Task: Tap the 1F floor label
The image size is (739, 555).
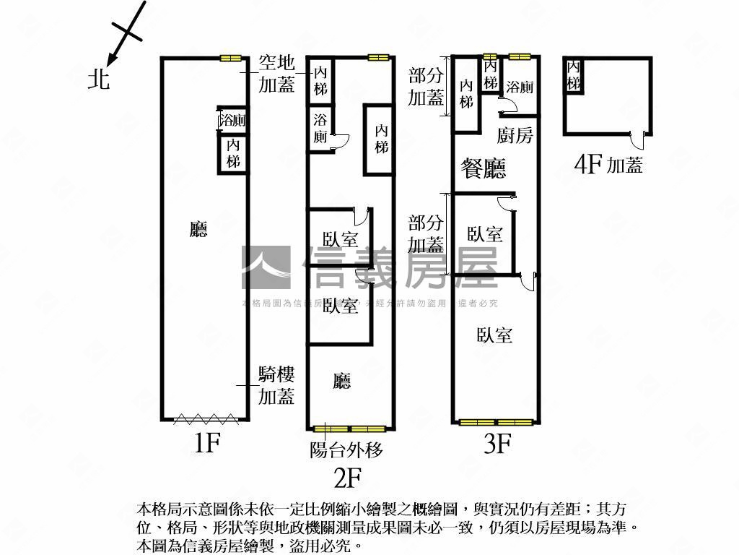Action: coord(206,442)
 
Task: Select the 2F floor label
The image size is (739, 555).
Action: coord(346,478)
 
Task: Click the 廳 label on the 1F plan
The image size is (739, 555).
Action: coord(198,230)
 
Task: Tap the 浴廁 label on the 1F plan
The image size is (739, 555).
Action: coord(233,121)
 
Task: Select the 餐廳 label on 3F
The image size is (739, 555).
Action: coord(484,168)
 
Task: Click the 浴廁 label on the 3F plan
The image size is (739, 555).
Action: coord(520,88)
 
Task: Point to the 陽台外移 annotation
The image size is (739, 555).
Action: coord(346,450)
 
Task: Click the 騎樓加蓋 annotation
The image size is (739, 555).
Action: coord(277,385)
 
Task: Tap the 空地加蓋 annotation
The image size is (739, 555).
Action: coord(277,74)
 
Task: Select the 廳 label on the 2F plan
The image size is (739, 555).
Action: coord(342,381)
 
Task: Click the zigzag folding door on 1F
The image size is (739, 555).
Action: coord(204,418)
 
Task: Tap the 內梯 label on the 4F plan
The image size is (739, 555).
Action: coord(574,75)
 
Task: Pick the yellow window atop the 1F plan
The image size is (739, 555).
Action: coord(230,59)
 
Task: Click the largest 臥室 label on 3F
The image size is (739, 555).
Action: coord(494,335)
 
